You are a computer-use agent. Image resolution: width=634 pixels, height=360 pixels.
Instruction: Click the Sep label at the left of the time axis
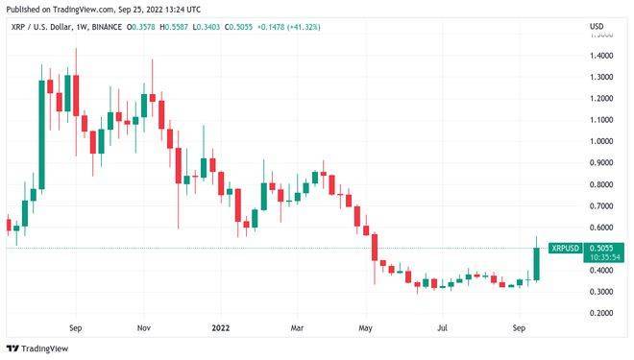tap(76, 327)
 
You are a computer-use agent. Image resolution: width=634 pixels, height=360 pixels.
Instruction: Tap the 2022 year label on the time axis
tap(219, 327)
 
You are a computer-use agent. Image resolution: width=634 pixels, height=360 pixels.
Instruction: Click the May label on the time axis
tap(365, 327)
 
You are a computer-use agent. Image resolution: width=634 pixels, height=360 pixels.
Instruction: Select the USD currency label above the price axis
tap(597, 26)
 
